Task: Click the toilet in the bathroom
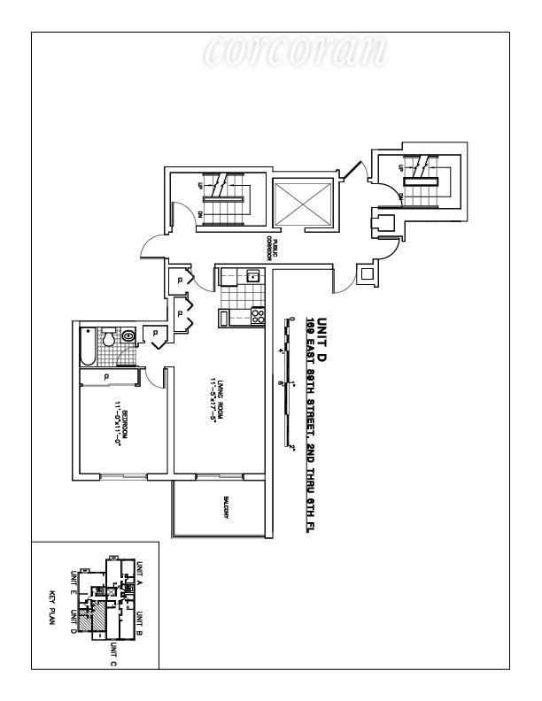[108, 338]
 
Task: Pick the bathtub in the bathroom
[86, 348]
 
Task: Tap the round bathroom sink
[128, 335]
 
